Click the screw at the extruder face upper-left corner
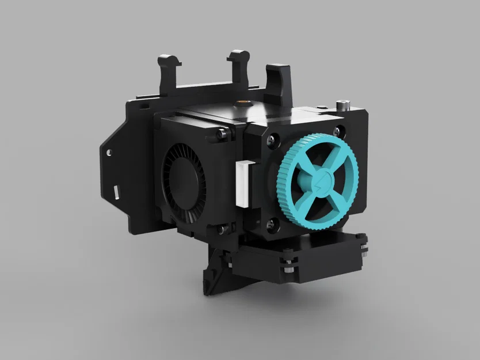tap(268, 139)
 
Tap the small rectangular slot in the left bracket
tap(117, 190)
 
